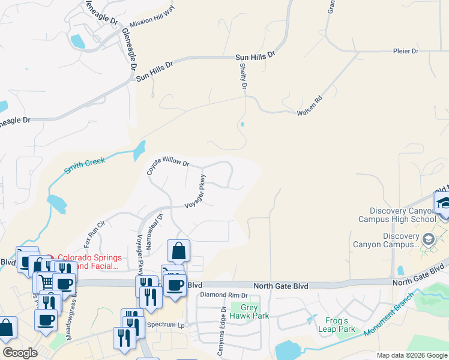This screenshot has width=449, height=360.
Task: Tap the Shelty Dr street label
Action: [x=244, y=77]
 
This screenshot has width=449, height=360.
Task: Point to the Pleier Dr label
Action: [x=405, y=52]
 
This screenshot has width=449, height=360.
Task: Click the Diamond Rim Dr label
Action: [x=224, y=295]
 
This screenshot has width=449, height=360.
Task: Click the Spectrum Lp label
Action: [x=167, y=325]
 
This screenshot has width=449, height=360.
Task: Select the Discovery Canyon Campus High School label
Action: [x=403, y=215]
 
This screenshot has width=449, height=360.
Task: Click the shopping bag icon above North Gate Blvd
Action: [x=179, y=251]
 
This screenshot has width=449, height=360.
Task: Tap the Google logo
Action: [x=20, y=353]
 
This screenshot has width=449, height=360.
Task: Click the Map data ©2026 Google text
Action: [x=411, y=355]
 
